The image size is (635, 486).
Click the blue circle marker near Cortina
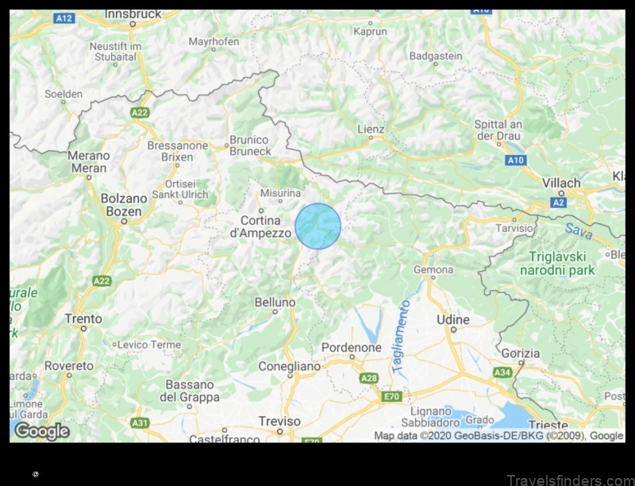pyautogui.click(x=317, y=226)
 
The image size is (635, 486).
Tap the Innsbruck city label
pyautogui.click(x=133, y=13)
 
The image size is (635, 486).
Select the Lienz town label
pyautogui.click(x=371, y=129)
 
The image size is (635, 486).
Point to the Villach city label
pyautogui.click(x=561, y=183)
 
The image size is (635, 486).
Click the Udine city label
pyautogui.click(x=453, y=319)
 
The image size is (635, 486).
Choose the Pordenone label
pyautogui.click(x=351, y=348)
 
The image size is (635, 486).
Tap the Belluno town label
pyautogui.click(x=275, y=303)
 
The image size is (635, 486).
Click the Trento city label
pyautogui.click(x=83, y=318)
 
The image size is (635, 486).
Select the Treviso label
pyautogui.click(x=279, y=421)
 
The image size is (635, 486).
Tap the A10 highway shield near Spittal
pyautogui.click(x=515, y=160)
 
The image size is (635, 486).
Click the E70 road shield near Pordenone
pyautogui.click(x=391, y=395)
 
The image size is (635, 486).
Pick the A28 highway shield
pyautogui.click(x=368, y=378)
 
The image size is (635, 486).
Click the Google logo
pyautogui.click(x=42, y=431)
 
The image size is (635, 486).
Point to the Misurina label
pyautogui.click(x=282, y=192)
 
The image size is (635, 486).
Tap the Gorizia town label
pyautogui.click(x=521, y=353)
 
